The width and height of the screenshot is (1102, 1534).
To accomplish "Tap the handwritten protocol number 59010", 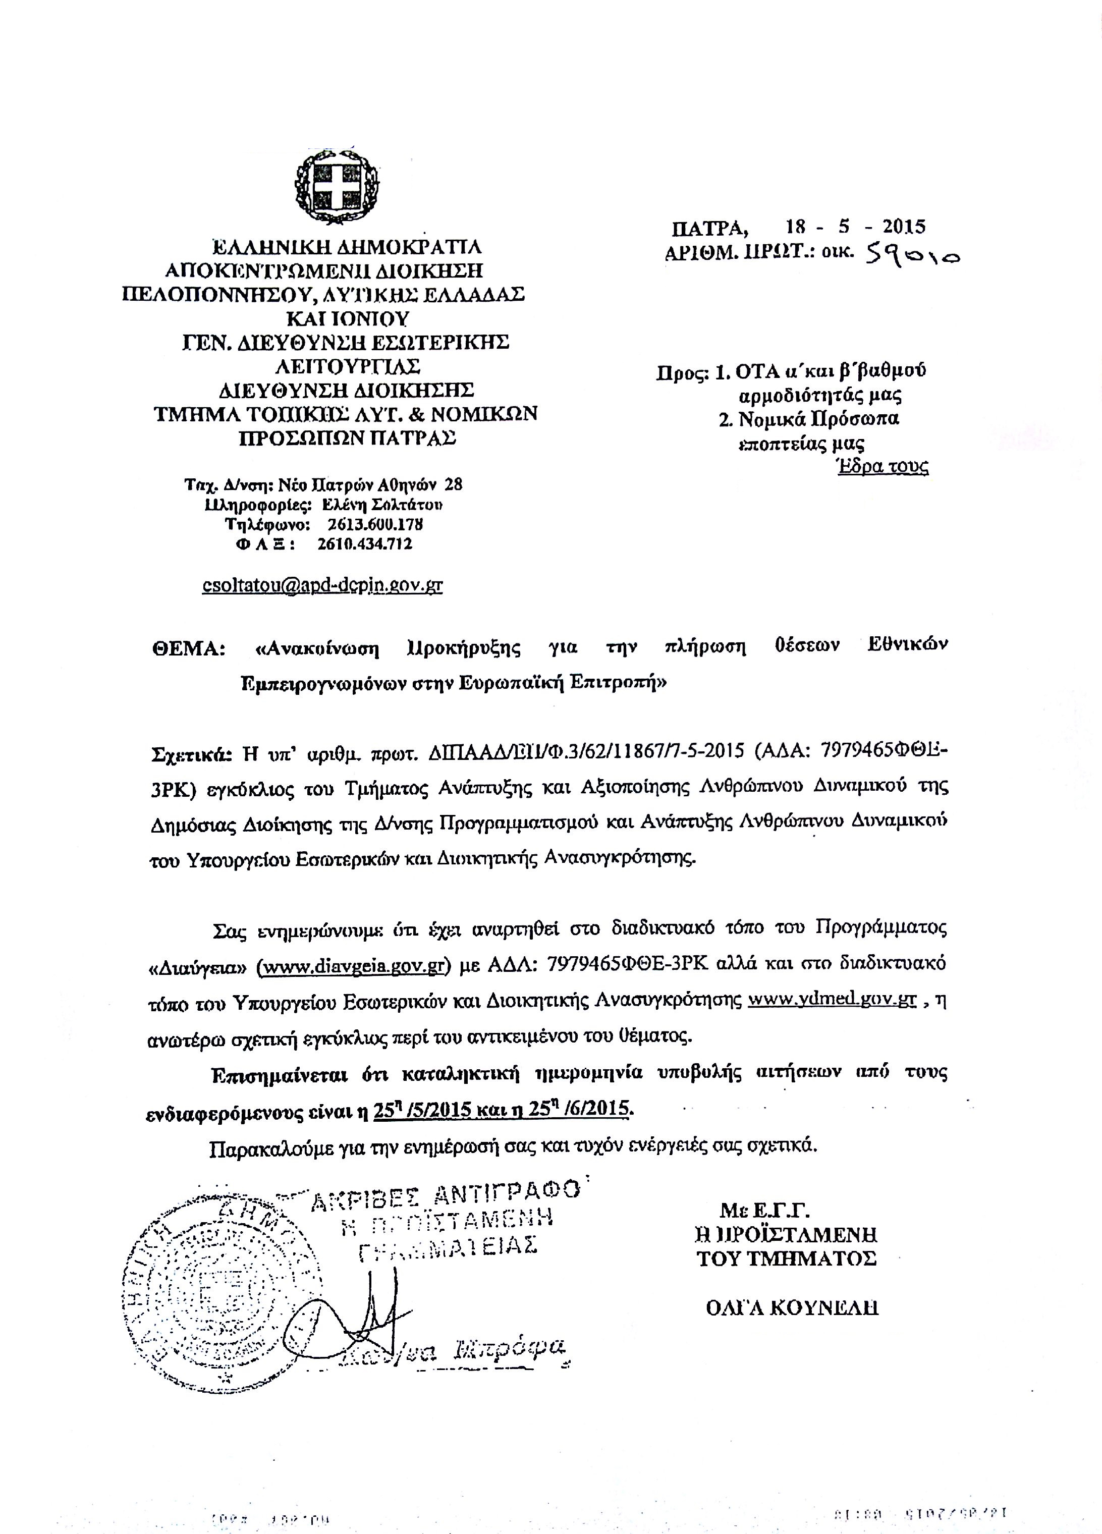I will click(907, 254).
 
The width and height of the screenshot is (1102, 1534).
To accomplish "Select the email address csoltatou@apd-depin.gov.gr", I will click(323, 584).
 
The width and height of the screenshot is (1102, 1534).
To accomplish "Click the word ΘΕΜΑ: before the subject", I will click(187, 648).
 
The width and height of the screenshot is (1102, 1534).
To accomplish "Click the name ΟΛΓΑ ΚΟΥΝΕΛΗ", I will click(792, 1307).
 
